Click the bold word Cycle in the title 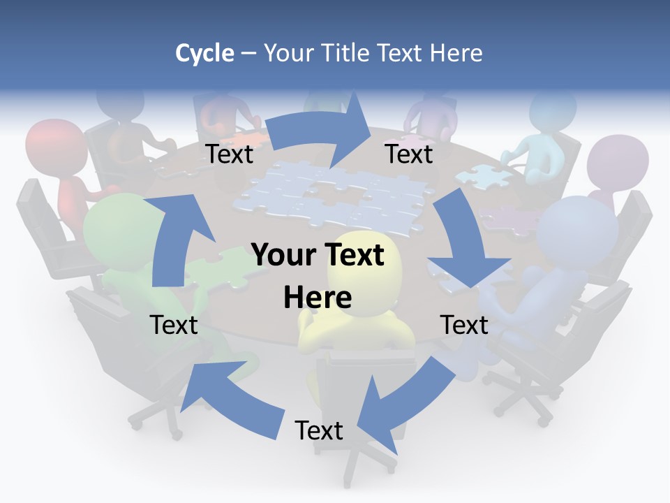[x=204, y=53]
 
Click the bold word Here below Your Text [x=318, y=298]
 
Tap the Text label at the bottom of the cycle [x=319, y=430]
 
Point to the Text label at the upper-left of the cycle [x=230, y=154]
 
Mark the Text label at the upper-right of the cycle [x=409, y=154]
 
